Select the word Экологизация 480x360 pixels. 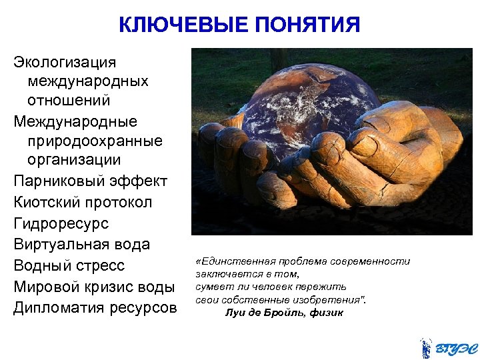click(65, 62)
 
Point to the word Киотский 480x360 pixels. click(45, 202)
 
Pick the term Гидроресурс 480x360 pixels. click(61, 223)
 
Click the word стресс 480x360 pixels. click(99, 265)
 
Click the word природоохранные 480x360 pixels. click(95, 141)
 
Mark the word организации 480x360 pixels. click(74, 160)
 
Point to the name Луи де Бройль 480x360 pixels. click(265, 313)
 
